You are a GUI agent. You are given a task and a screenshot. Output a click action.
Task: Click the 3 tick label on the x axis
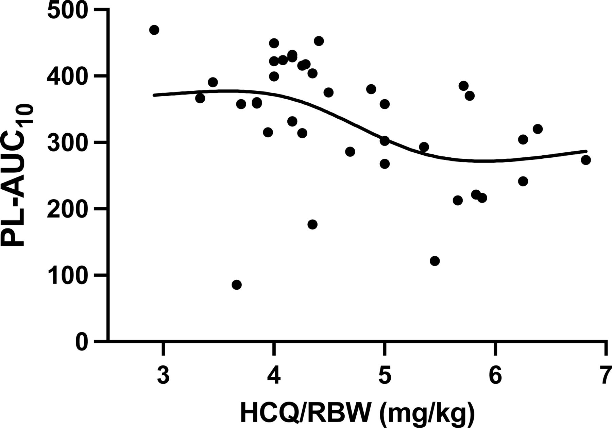[x=164, y=376]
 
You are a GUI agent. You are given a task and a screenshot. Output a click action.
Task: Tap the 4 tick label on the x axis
[x=274, y=376]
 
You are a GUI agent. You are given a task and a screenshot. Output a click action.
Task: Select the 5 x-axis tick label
[x=384, y=376]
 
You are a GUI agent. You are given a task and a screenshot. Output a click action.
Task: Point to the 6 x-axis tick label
[x=495, y=376]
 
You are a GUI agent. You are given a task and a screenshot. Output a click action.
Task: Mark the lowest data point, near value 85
[x=237, y=285]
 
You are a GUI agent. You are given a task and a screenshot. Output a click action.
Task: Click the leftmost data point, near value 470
[x=154, y=30]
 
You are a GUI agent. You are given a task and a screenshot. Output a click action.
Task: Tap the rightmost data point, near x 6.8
[x=585, y=160]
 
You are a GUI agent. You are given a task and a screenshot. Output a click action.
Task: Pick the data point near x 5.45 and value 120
[x=435, y=261]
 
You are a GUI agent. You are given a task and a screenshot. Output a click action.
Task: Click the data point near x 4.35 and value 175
[x=312, y=224]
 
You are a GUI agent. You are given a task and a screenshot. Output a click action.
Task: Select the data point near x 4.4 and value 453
[x=319, y=41]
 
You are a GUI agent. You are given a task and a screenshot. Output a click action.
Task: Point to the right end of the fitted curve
[x=586, y=151]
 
